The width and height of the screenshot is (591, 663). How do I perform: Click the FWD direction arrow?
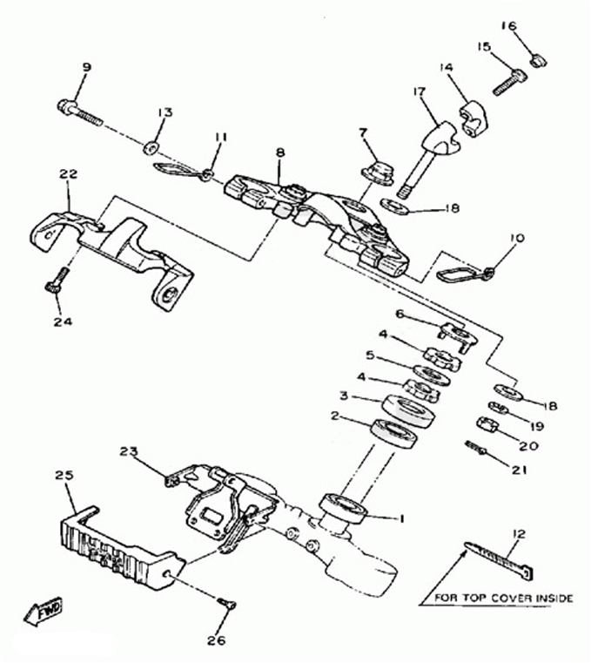(43, 612)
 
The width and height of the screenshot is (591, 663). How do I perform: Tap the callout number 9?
(86, 67)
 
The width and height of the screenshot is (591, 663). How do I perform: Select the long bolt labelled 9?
(80, 112)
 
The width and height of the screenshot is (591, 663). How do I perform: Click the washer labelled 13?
(150, 148)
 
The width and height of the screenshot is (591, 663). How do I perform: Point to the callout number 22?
(69, 173)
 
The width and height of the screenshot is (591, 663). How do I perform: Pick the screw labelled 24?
(56, 280)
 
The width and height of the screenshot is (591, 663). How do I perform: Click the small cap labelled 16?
(538, 60)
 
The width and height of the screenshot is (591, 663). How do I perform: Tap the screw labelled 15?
(510, 83)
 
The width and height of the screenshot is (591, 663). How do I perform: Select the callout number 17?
(419, 91)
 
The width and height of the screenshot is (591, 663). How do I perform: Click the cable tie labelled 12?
(499, 560)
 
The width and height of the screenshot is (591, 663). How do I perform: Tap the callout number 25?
(64, 475)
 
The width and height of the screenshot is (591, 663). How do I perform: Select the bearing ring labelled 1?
(344, 508)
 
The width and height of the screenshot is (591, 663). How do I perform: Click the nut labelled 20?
(487, 424)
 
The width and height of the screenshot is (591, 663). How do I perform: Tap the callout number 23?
(129, 451)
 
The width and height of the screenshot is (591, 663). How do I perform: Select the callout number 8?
(280, 152)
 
